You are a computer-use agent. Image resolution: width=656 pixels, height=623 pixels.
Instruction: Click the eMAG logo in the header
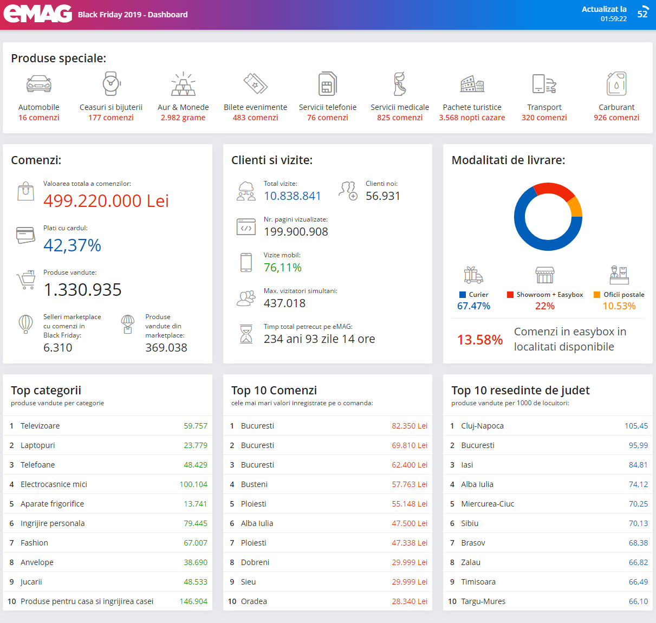tap(38, 14)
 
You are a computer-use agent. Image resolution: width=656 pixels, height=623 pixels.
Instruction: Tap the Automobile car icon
tap(38, 83)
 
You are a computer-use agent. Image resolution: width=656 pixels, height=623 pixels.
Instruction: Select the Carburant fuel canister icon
tap(616, 83)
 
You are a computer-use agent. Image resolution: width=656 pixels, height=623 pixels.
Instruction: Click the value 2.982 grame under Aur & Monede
tap(183, 118)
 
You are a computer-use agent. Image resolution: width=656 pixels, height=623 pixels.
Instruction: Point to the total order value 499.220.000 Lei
tap(106, 201)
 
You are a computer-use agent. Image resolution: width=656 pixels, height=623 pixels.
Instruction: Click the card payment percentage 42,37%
tap(72, 245)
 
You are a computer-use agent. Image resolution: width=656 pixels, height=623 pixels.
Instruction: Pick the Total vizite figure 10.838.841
tap(292, 196)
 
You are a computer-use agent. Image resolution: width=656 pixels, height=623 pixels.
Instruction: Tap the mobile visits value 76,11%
tap(283, 267)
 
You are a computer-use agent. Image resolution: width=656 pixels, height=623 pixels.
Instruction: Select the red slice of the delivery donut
tap(554, 190)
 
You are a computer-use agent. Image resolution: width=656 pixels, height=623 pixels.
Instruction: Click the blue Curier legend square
tap(463, 295)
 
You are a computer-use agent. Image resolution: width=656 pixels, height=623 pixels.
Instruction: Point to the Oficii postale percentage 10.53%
tap(619, 306)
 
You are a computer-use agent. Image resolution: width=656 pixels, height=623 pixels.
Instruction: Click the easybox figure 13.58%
tap(480, 340)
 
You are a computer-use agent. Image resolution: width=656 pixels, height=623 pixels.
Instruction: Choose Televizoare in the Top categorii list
tap(40, 426)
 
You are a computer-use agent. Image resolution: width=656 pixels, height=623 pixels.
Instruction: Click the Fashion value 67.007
tap(196, 543)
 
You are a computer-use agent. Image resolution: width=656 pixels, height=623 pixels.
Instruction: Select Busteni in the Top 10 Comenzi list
tap(254, 484)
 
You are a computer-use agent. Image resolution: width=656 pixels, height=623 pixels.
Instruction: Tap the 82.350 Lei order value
tap(410, 426)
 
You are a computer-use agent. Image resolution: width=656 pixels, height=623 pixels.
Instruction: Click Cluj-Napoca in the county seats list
tap(482, 426)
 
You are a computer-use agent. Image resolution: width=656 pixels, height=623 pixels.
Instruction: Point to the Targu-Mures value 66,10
tap(638, 601)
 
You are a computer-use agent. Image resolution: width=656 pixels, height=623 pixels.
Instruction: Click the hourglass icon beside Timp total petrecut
tap(246, 334)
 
